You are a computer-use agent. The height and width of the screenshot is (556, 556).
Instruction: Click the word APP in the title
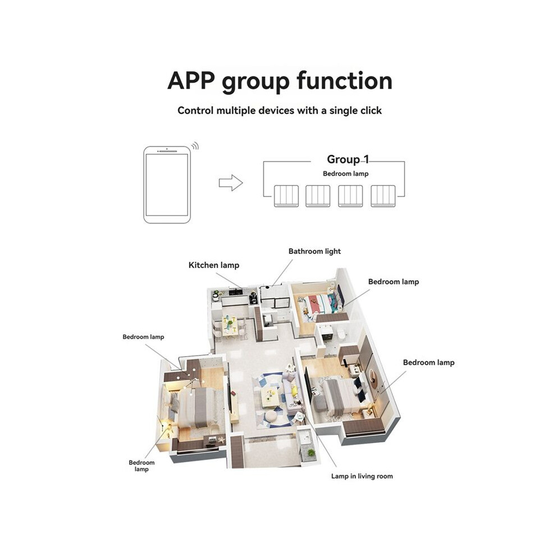(x=191, y=80)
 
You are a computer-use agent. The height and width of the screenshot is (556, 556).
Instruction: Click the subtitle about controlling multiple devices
(x=280, y=110)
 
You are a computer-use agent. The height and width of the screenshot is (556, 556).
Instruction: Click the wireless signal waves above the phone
(x=195, y=145)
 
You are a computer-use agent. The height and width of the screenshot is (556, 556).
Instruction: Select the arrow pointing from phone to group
(x=231, y=183)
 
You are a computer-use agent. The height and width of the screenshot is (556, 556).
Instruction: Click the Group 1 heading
(x=348, y=159)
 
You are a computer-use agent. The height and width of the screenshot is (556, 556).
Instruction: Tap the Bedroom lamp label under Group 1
(x=346, y=174)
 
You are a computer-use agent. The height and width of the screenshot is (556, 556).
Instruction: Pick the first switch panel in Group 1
(x=286, y=196)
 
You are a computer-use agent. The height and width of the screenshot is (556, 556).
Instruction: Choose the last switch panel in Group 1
(x=383, y=196)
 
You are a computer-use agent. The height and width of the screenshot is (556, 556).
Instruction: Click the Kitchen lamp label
(x=214, y=265)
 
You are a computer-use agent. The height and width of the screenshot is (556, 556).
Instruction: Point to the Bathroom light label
(x=315, y=252)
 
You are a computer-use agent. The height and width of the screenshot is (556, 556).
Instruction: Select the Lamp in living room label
(x=362, y=476)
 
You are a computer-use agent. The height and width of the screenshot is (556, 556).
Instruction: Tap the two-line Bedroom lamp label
(x=142, y=466)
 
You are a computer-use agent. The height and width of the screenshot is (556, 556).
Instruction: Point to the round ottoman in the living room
(x=271, y=417)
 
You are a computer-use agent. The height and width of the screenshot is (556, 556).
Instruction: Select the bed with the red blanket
(x=317, y=304)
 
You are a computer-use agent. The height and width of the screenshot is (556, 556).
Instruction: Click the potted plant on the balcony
(x=311, y=453)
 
